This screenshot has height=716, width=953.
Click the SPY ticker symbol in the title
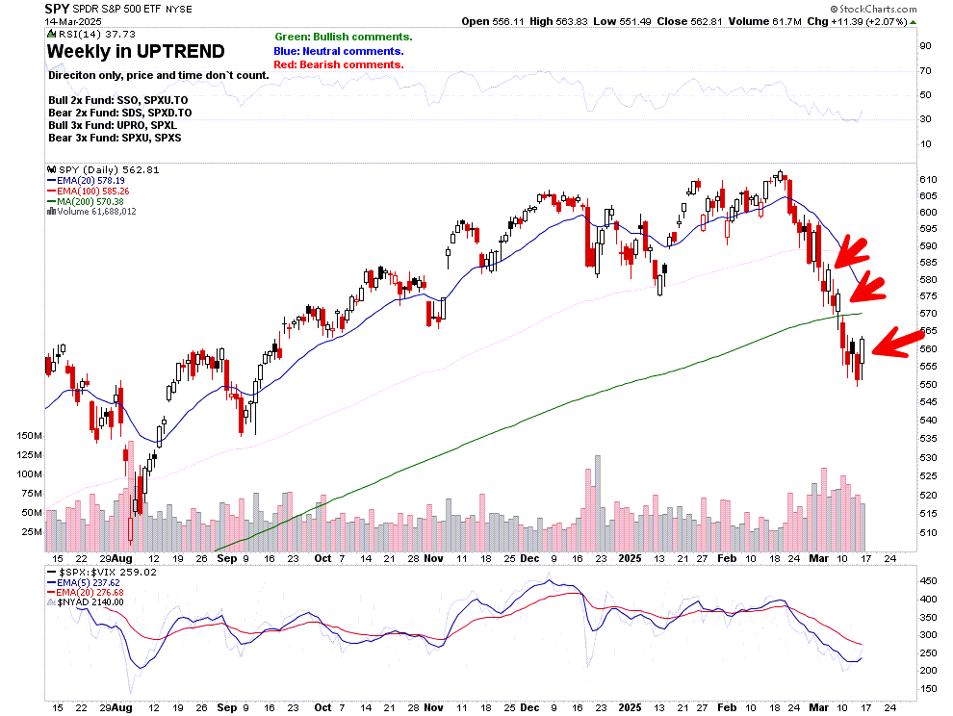tap(57, 9)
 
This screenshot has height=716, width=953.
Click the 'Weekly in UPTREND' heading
tap(136, 51)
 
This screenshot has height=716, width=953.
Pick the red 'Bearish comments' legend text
tap(339, 64)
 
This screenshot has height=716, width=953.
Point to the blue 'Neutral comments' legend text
tap(339, 51)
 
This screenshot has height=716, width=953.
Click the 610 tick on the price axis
tap(927, 180)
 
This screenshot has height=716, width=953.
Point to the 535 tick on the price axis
tap(927, 439)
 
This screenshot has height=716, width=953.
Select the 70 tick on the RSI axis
tap(926, 70)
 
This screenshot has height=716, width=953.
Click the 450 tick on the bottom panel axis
tap(927, 581)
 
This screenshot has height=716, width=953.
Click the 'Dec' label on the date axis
tap(529, 557)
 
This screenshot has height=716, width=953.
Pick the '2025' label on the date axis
tap(632, 557)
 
